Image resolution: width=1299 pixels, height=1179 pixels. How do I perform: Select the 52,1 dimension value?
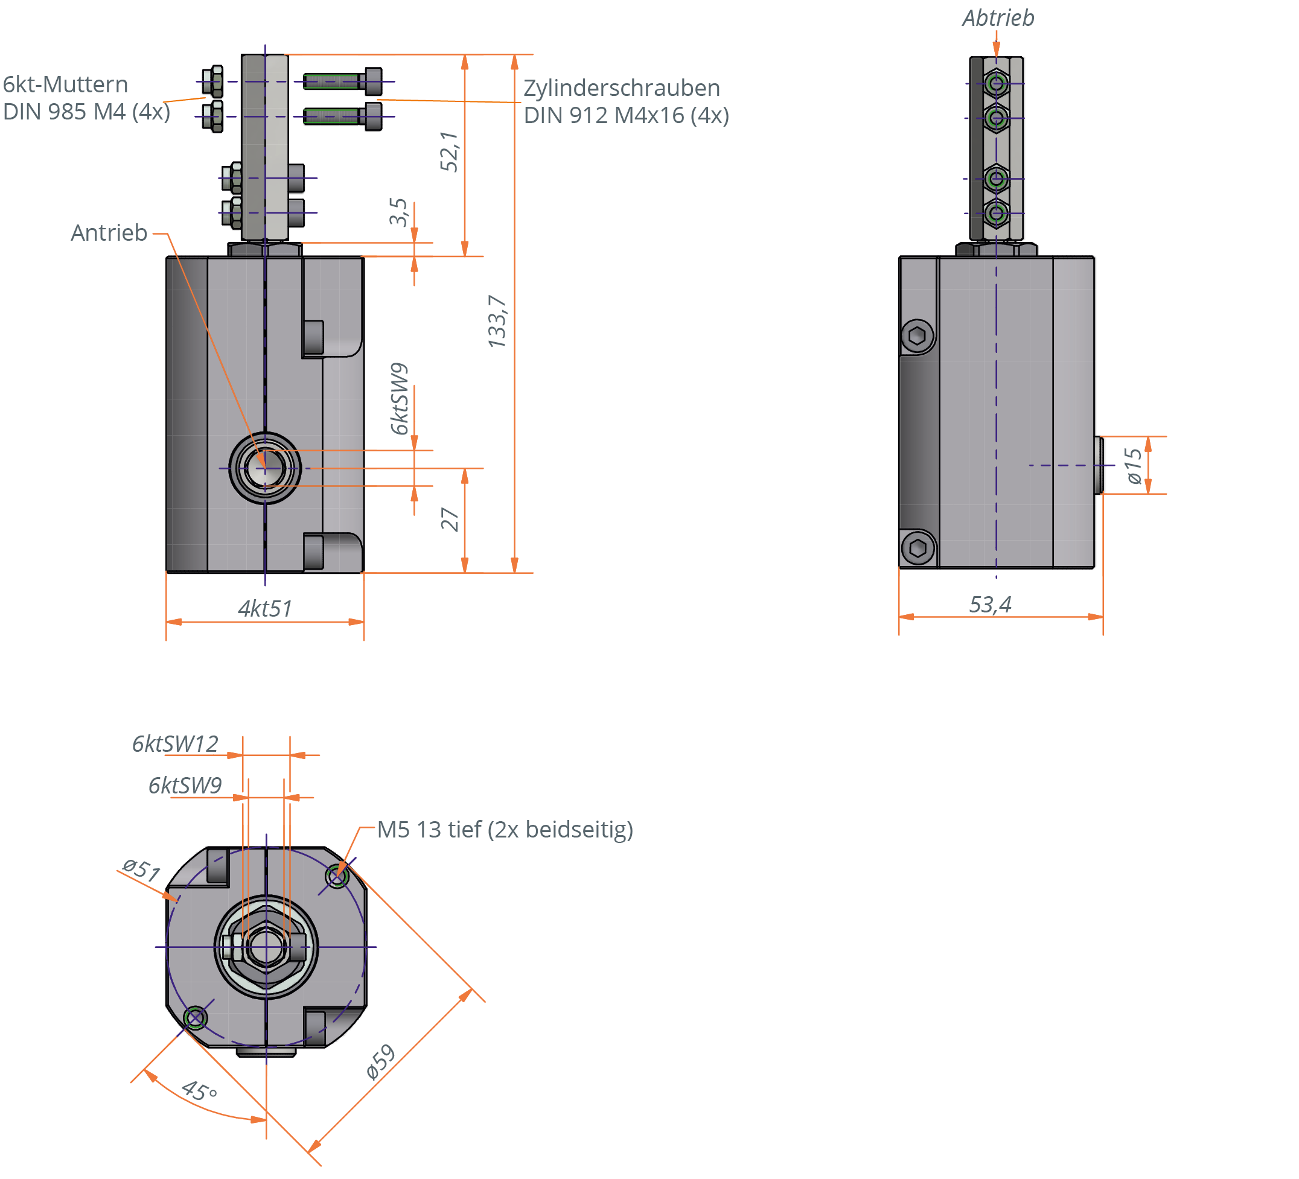448,152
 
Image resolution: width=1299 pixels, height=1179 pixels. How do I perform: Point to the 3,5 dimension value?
398,212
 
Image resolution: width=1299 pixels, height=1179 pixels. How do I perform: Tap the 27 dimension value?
450,519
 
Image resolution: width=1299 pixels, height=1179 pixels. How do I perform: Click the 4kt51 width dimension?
265,608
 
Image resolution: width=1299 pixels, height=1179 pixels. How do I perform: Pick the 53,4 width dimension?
991,605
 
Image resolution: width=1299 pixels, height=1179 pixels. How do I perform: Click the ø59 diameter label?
380,1061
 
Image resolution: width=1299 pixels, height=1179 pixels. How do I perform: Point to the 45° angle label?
199,1090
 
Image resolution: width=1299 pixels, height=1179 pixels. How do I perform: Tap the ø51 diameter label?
141,869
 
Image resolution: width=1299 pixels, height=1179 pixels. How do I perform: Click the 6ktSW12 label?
175,745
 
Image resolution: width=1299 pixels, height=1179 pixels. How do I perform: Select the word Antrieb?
109,233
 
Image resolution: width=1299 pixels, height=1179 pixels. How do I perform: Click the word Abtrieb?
998,18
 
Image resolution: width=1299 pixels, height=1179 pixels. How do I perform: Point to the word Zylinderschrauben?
621,87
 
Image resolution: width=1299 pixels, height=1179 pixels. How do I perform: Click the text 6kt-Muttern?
65,84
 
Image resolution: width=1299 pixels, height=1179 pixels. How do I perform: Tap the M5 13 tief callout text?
505,830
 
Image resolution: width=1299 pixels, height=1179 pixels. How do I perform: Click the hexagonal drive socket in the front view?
265,468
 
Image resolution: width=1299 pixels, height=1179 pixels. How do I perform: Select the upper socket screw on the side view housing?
918,335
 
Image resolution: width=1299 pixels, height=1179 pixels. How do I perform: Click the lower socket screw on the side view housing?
918,548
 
